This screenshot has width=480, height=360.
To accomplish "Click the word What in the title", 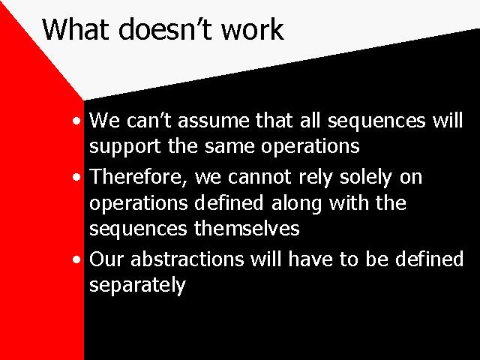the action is (x=76, y=29).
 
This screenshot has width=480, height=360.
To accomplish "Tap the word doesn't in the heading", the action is (x=165, y=29).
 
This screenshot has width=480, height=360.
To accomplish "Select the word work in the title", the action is (x=253, y=29).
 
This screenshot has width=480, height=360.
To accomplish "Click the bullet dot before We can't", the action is (x=76, y=121).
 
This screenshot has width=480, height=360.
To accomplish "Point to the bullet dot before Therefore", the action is (x=76, y=177).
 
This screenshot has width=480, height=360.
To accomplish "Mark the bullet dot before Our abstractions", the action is (x=76, y=259).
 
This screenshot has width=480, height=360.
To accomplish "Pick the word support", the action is (x=125, y=147).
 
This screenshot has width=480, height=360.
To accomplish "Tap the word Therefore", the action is (x=138, y=178).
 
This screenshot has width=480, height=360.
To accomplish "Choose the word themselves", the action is (x=247, y=229).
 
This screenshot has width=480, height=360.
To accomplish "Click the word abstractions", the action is (x=187, y=259).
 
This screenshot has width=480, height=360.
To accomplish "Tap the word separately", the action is (x=137, y=286).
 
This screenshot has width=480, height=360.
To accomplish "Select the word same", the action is (x=229, y=147).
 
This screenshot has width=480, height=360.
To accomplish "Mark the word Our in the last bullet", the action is (x=106, y=259).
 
